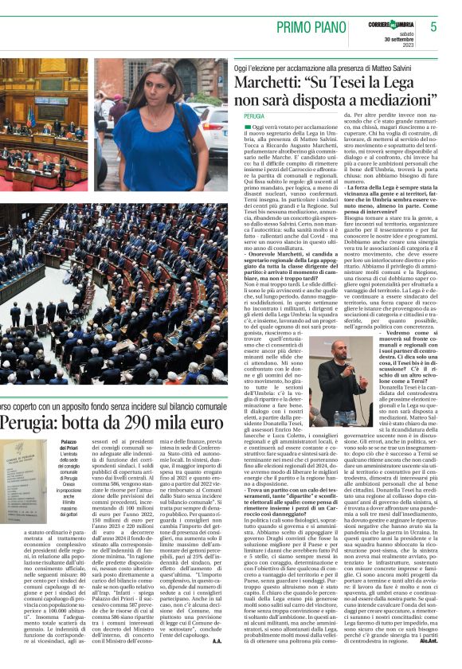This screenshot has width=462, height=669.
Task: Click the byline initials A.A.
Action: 216,640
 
